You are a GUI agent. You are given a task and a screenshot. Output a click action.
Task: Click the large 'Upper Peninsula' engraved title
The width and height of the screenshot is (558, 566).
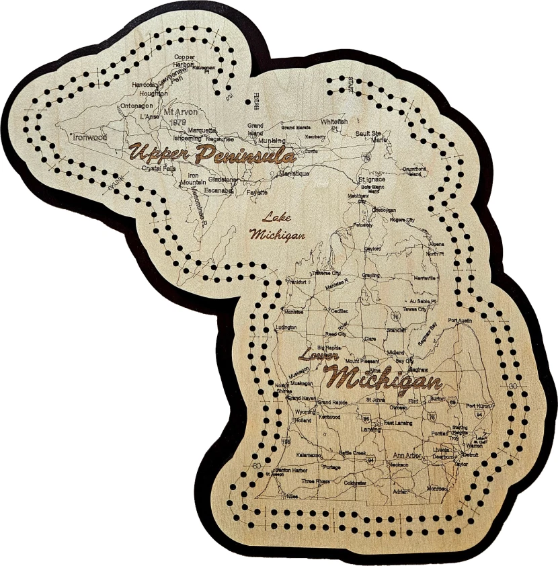[x=211, y=153]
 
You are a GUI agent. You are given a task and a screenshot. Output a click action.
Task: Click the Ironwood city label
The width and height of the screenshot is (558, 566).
[x=91, y=136]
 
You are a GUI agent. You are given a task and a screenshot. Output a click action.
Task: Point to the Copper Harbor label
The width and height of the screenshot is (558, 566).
[x=184, y=60]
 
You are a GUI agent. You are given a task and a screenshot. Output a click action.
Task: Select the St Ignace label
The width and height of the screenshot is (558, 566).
[x=372, y=180]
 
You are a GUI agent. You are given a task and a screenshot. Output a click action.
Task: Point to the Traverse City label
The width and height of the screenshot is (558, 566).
[x=326, y=274]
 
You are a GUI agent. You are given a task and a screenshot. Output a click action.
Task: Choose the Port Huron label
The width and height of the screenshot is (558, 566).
[x=479, y=406]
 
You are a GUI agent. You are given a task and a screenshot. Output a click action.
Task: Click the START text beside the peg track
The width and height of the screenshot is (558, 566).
[x=350, y=85]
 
